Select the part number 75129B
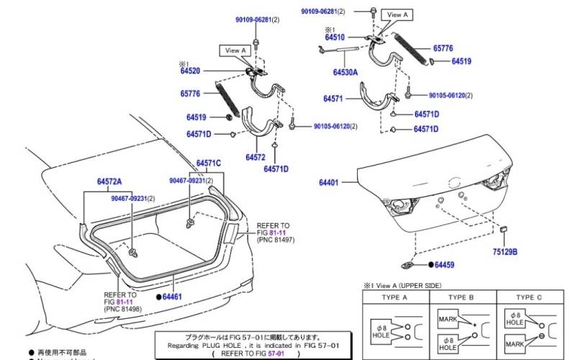tap(505, 252)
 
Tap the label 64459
tap(445, 265)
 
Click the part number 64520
tap(190, 71)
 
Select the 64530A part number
tap(345, 73)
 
